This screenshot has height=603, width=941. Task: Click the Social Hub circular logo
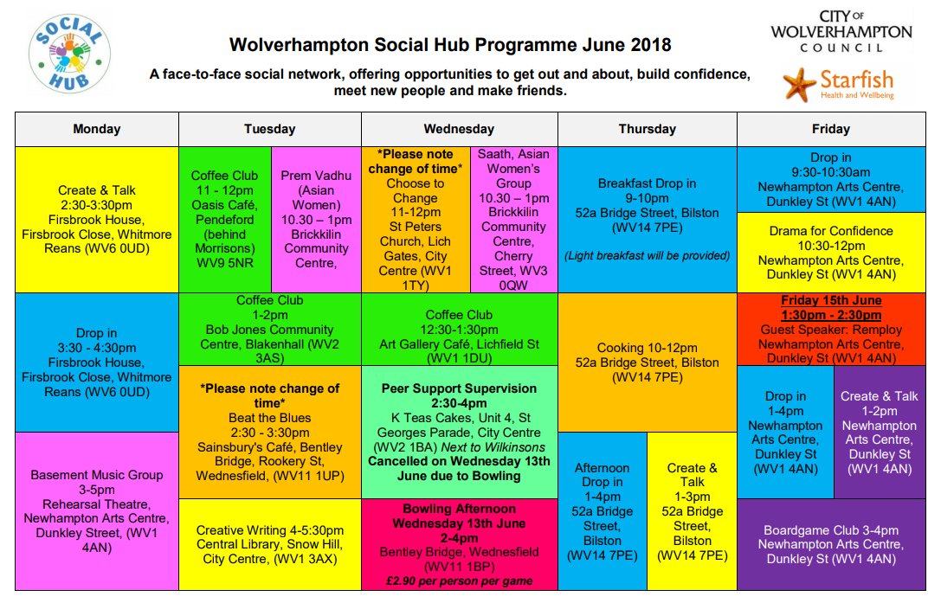(69, 55)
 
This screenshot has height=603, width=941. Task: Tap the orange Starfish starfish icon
(799, 84)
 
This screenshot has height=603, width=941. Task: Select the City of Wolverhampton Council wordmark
(841, 31)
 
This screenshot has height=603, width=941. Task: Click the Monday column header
(97, 129)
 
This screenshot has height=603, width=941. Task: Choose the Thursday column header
(647, 129)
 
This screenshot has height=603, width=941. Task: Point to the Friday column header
(830, 129)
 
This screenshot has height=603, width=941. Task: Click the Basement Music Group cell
(97, 510)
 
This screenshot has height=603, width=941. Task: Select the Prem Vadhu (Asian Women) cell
(316, 219)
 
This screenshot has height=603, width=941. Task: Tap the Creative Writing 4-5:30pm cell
(270, 543)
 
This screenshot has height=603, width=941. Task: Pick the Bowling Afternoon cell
(459, 544)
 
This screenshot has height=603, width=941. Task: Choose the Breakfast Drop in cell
(647, 219)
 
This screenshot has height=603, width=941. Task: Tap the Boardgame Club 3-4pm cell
(830, 544)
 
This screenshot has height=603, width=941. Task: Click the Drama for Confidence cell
(830, 252)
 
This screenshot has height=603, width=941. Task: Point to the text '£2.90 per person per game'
(459, 581)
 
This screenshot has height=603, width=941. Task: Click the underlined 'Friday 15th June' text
(830, 300)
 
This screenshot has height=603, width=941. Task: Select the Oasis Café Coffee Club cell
(224, 219)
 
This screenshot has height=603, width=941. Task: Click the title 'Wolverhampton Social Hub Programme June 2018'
(449, 44)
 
